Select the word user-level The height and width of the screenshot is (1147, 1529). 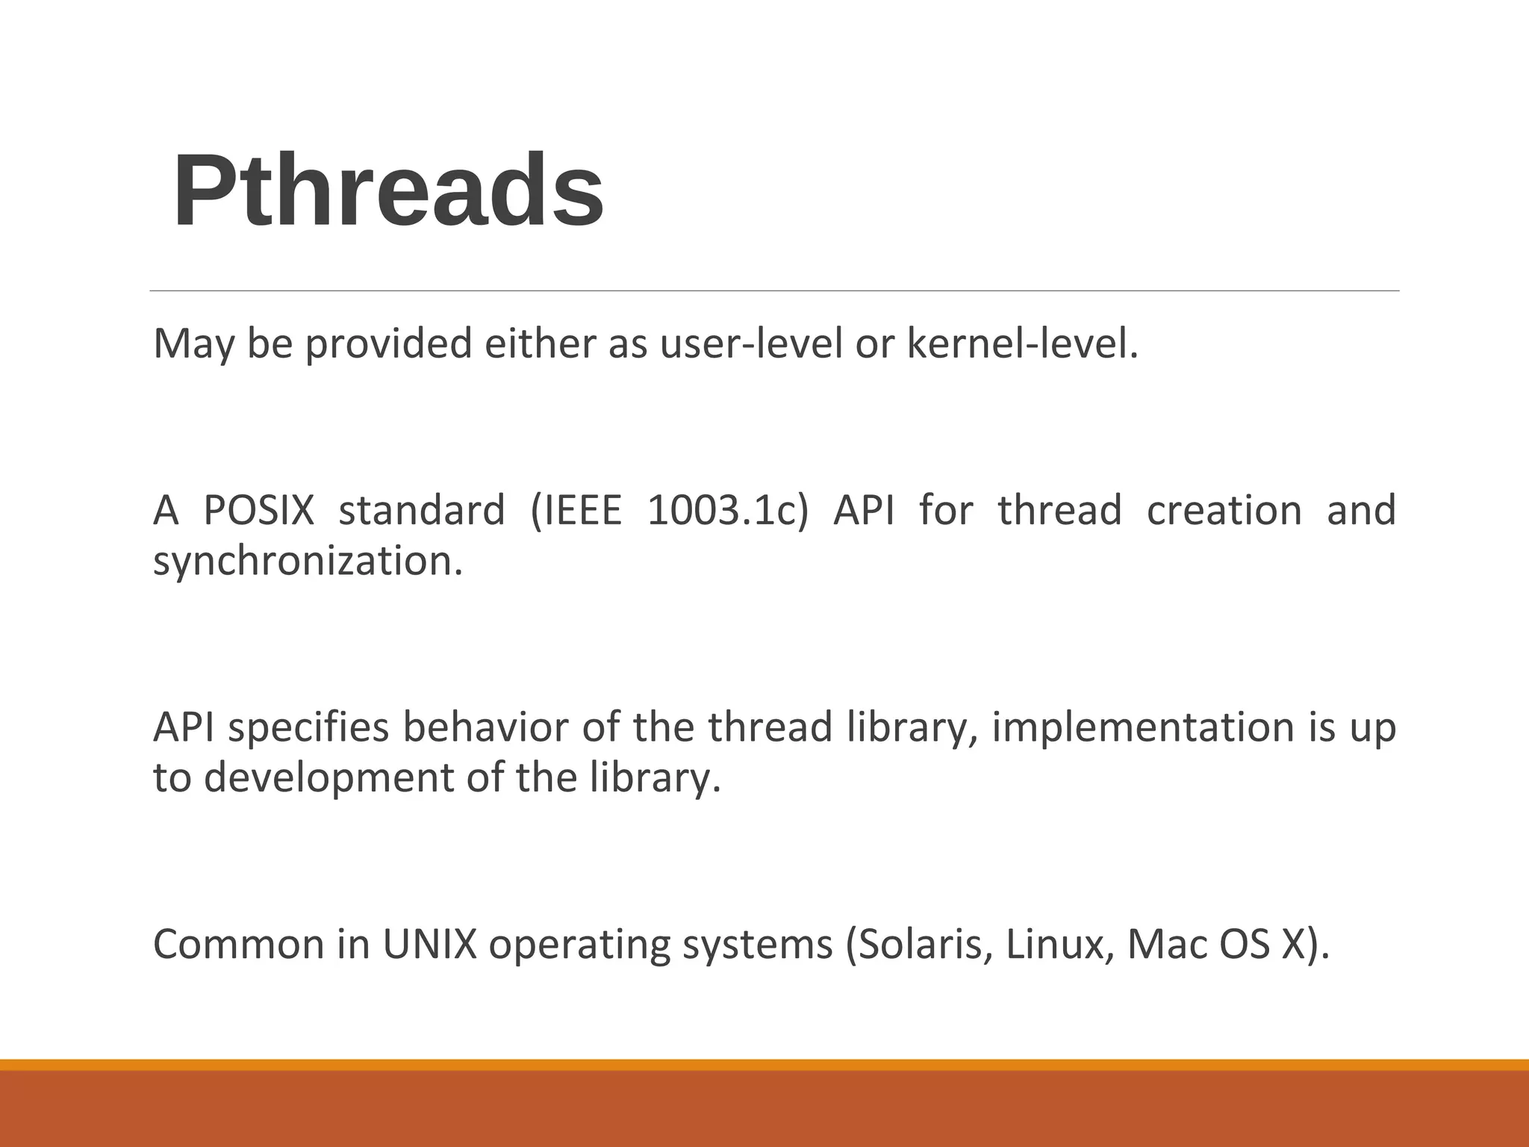750,344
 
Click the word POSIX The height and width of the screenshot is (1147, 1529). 259,511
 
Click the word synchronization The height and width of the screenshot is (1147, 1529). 307,562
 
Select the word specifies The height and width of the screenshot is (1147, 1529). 308,728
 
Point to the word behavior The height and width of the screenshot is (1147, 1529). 486,728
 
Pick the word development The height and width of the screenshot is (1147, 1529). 329,778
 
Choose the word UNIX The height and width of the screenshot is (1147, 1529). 429,945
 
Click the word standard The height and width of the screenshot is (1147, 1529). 422,511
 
